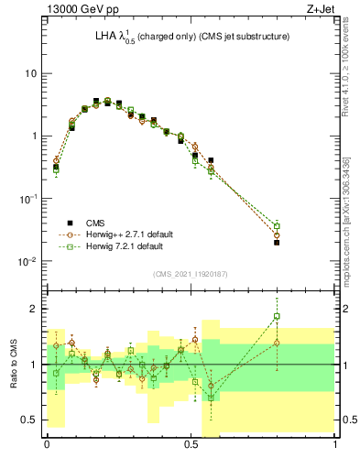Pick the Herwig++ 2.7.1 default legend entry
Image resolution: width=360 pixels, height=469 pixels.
click(120, 234)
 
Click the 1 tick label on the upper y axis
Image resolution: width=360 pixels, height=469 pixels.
click(34, 136)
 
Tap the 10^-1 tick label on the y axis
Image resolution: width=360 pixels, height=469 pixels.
click(28, 198)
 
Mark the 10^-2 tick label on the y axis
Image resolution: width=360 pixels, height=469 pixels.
click(28, 261)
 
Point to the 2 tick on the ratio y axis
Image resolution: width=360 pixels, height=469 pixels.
click(34, 309)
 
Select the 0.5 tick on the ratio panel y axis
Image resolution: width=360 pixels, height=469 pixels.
click(29, 420)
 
